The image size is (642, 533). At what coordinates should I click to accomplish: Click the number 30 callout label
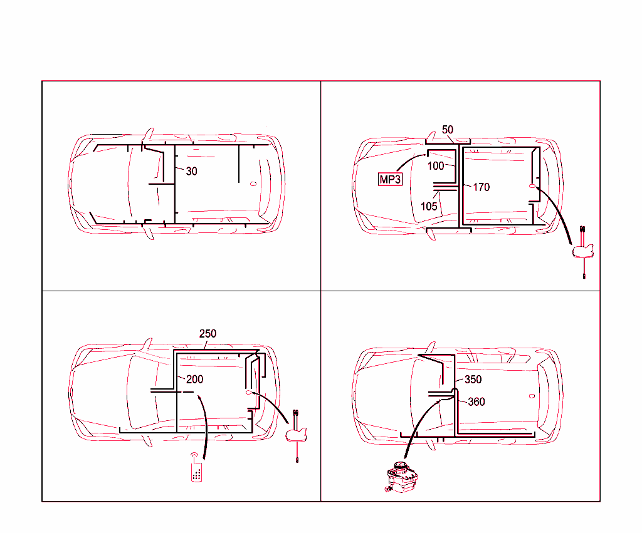pyautogui.click(x=191, y=171)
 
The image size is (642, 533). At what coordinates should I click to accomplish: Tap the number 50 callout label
pyautogui.click(x=448, y=130)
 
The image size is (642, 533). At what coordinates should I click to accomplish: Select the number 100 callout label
pyautogui.click(x=436, y=166)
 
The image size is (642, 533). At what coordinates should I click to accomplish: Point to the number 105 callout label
pyautogui.click(x=429, y=207)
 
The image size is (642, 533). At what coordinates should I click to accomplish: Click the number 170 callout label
pyautogui.click(x=481, y=187)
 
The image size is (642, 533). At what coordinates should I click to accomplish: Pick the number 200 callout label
pyautogui.click(x=194, y=379)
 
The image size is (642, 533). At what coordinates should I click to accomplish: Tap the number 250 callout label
pyautogui.click(x=208, y=333)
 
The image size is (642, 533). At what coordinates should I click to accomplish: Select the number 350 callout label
pyautogui.click(x=473, y=380)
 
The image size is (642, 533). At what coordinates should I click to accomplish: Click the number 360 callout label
pyautogui.click(x=476, y=401)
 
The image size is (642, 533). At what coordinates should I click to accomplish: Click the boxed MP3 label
pyautogui.click(x=389, y=179)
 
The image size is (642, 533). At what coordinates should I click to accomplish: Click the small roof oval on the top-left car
pyautogui.click(x=253, y=184)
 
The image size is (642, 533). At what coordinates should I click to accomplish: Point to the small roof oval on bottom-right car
pyautogui.click(x=532, y=396)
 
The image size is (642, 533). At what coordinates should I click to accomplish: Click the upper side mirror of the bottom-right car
pyautogui.click(x=431, y=346)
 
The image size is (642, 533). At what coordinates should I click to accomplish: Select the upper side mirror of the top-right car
pyautogui.click(x=433, y=134)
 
